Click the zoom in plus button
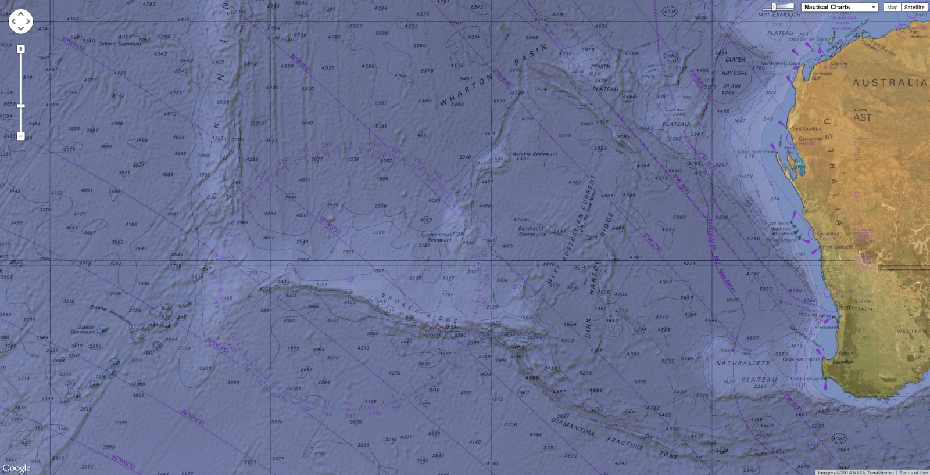click(x=21, y=49)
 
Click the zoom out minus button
click(x=21, y=136)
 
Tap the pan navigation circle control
click(x=21, y=21)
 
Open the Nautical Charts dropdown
click(x=839, y=7)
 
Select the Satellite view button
click(x=914, y=7)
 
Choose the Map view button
click(x=892, y=7)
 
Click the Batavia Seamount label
click(x=535, y=153)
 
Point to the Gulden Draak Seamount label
click(x=437, y=237)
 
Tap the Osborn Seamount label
click(x=120, y=44)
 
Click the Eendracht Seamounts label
click(x=532, y=231)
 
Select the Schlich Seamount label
click(x=83, y=329)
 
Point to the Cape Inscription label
click(x=756, y=152)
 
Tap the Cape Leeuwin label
click(x=807, y=379)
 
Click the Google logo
click(x=16, y=468)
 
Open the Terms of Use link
click(x=913, y=472)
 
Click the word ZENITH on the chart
click(x=600, y=67)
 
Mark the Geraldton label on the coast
click(x=828, y=233)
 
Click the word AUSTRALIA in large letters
click(x=889, y=83)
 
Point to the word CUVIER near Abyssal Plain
click(x=735, y=59)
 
